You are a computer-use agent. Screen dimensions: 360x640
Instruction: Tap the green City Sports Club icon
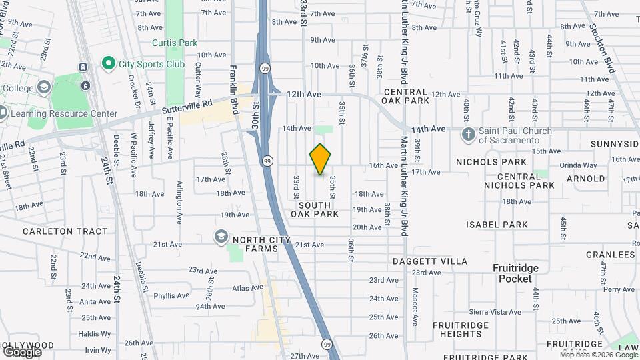tap(108, 63)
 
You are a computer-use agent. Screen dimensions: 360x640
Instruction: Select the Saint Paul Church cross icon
tap(469, 135)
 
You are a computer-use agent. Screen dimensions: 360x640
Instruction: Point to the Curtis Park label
tap(175, 43)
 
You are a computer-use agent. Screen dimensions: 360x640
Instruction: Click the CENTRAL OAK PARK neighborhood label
tap(405, 96)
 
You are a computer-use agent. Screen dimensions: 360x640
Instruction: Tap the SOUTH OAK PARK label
tap(315, 209)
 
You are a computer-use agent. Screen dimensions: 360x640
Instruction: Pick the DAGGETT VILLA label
tap(430, 261)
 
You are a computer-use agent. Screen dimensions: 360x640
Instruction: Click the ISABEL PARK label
tap(497, 225)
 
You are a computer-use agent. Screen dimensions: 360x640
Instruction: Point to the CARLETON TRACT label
tap(65, 231)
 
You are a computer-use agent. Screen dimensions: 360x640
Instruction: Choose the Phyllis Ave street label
tap(171, 295)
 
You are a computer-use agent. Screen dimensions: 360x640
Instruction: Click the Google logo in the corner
tap(22, 351)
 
